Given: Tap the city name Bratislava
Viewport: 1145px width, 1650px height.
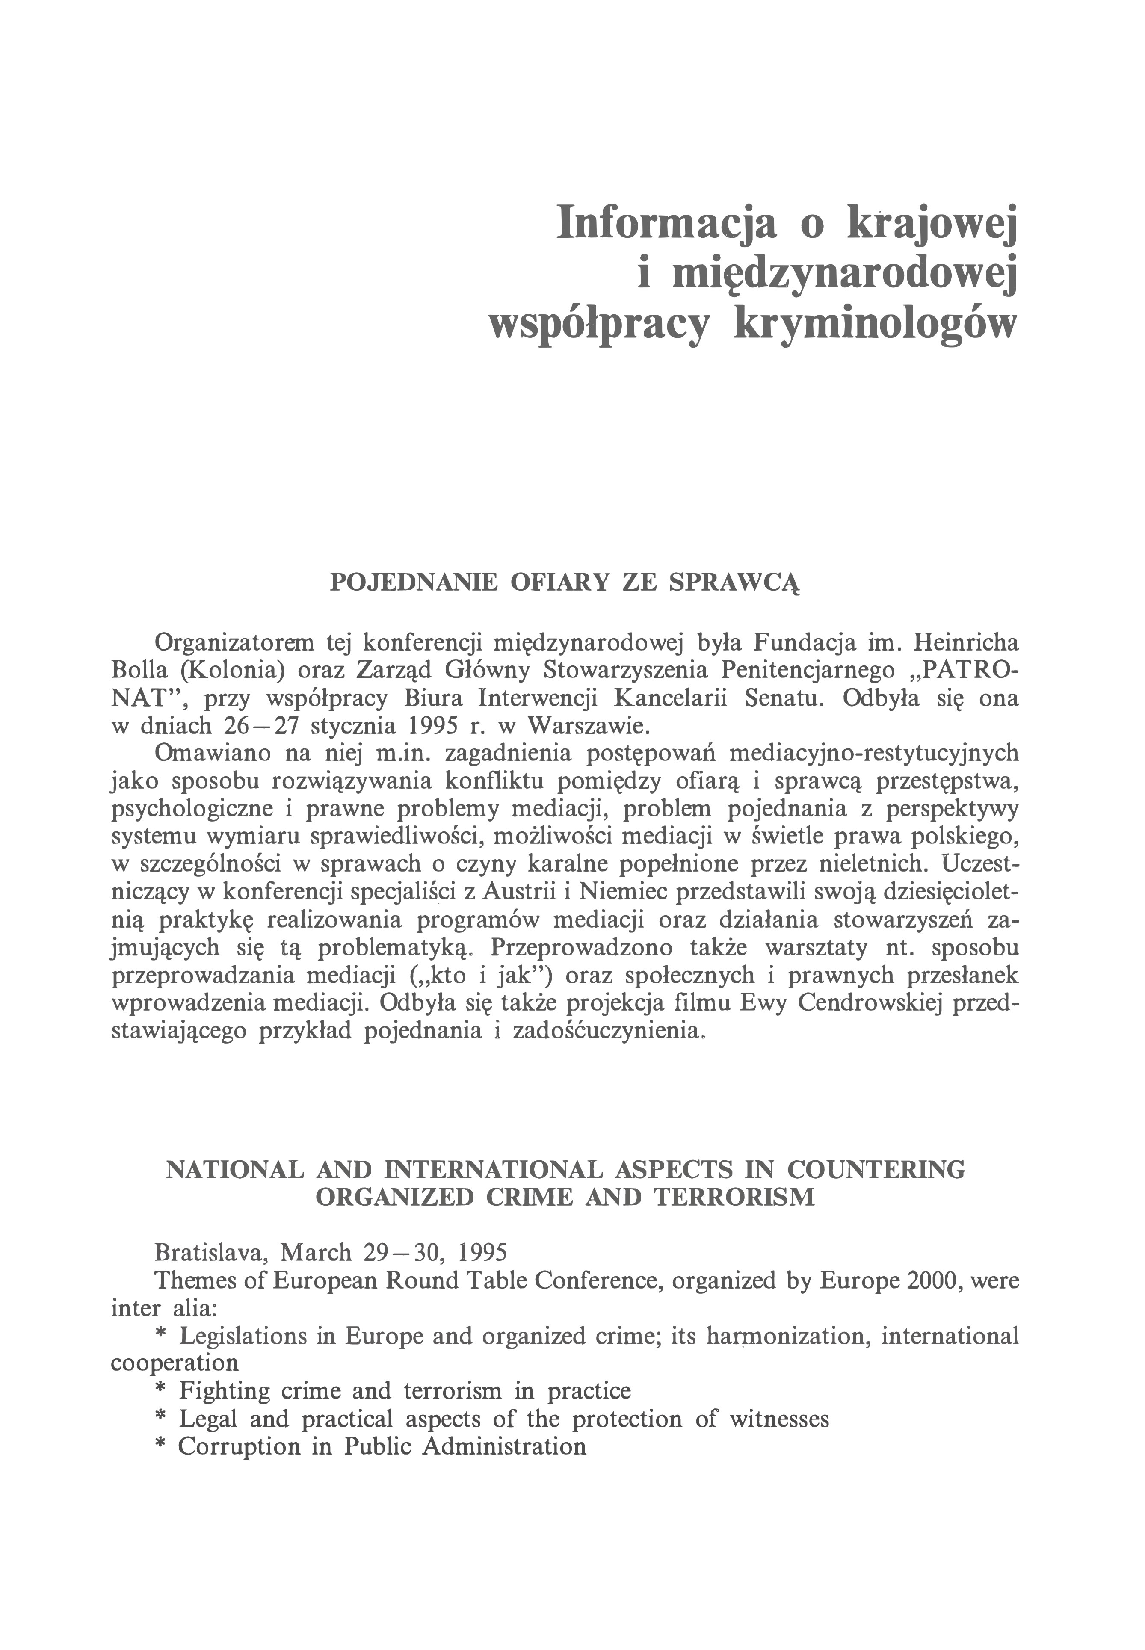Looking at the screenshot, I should click(211, 1253).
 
